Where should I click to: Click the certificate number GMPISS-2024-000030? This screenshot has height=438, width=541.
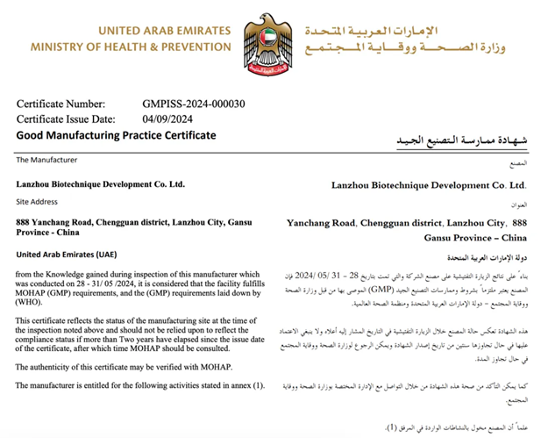coord(194,104)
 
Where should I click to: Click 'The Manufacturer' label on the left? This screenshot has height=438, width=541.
coord(46,161)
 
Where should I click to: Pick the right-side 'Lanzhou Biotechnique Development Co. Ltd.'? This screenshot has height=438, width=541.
coord(429,186)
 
